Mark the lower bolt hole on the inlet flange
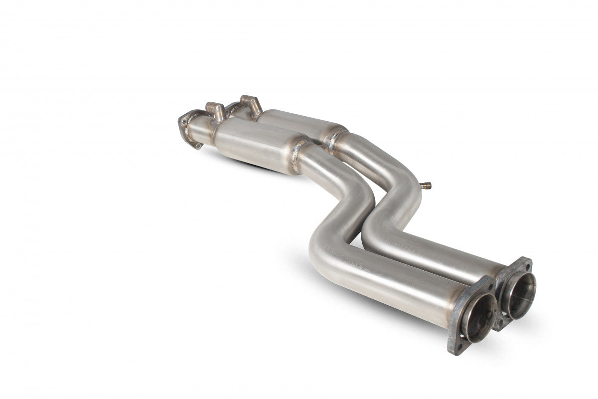(198, 144)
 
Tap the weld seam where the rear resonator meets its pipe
(335, 136)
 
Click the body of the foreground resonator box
(254, 145)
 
